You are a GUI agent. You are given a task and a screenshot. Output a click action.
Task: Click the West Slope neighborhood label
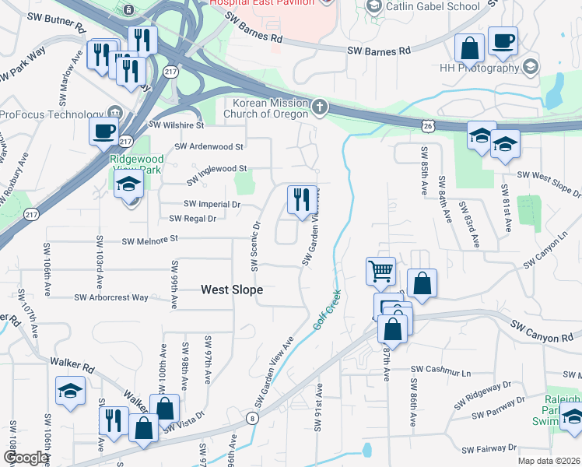tap(232, 290)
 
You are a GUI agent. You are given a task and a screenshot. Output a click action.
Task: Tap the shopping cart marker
tap(381, 272)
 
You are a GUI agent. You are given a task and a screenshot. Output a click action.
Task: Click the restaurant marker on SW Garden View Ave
tap(300, 200)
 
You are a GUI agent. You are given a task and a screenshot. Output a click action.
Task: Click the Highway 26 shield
tap(429, 125)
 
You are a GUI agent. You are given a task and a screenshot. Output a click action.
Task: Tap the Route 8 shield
tap(253, 419)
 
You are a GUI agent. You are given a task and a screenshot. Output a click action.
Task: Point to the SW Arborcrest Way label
tap(111, 297)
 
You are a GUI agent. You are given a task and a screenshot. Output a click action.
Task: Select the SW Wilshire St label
tap(176, 125)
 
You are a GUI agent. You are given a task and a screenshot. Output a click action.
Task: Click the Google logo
tap(26, 458)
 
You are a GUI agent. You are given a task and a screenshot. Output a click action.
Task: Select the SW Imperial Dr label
tap(212, 204)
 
